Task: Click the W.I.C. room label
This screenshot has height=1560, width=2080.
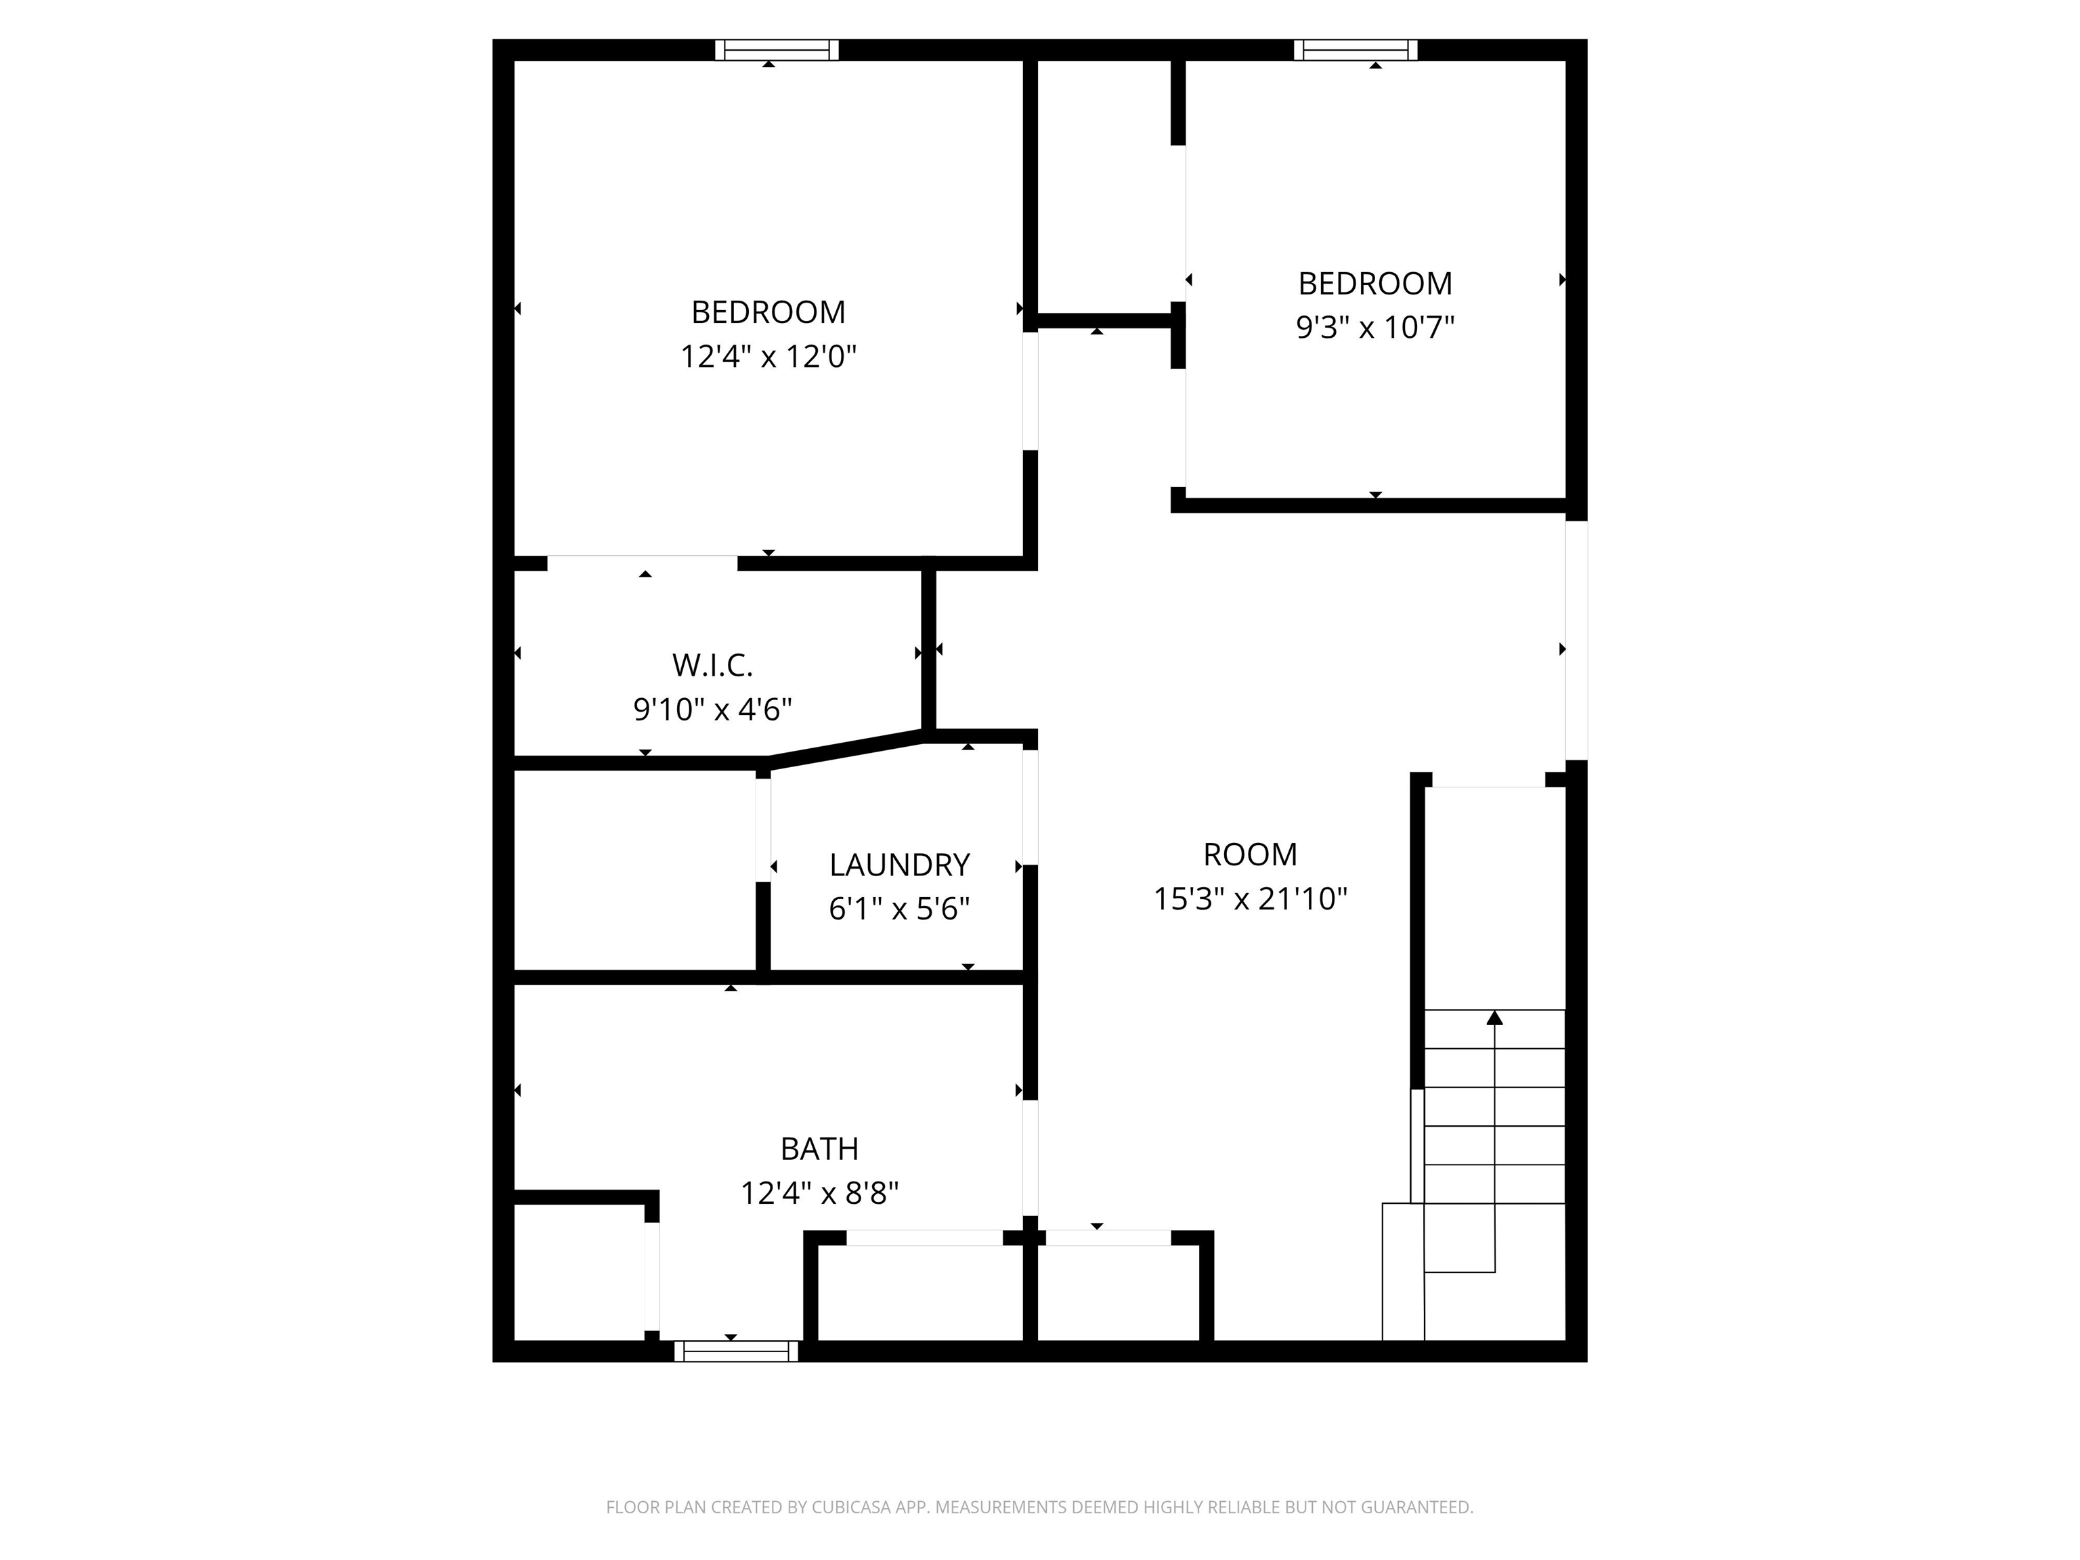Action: pos(712,665)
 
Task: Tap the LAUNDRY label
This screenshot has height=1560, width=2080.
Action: pos(899,864)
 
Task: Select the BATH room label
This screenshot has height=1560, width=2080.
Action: pos(819,1148)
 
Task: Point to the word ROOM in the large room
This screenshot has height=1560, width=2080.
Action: pos(1250,854)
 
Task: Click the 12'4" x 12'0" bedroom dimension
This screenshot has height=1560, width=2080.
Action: pos(768,356)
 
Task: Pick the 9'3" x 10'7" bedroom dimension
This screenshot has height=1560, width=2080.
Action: pos(1374,327)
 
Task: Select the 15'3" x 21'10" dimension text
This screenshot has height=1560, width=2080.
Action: pos(1250,899)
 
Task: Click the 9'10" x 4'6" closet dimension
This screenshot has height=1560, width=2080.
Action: pos(712,709)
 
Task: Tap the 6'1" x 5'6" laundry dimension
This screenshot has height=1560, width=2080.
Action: pos(899,909)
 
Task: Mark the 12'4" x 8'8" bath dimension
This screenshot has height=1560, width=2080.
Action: pos(819,1193)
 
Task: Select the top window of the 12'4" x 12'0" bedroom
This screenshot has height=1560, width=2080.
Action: pos(776,50)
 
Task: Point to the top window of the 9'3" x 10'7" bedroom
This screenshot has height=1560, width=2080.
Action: pos(1355,50)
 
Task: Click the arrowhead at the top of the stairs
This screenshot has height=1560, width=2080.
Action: pos(1494,1018)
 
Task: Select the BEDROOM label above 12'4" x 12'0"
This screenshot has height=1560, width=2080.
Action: pos(768,311)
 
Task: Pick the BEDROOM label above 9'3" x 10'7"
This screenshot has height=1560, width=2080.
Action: pos(1374,283)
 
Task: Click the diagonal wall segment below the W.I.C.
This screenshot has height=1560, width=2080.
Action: pos(846,750)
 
